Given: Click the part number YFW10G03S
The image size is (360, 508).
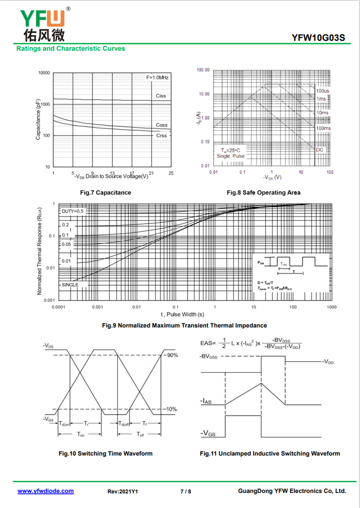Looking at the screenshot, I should pyautogui.click(x=318, y=38).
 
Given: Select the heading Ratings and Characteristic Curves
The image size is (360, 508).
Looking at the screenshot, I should pyautogui.click(x=71, y=48).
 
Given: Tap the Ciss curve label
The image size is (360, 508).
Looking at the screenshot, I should pyautogui.click(x=161, y=96).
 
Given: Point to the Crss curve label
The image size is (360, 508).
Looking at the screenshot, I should pyautogui.click(x=161, y=135).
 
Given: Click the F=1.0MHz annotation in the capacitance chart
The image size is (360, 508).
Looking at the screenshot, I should pyautogui.click(x=157, y=78).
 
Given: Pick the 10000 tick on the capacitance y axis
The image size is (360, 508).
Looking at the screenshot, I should pyautogui.click(x=44, y=73).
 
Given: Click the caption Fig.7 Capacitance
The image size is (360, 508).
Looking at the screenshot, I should pyautogui.click(x=105, y=193).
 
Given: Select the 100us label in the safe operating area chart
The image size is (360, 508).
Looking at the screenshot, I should pyautogui.click(x=322, y=91).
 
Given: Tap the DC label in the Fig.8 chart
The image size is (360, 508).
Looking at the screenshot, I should pyautogui.click(x=319, y=149).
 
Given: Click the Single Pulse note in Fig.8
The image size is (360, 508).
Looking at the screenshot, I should pyautogui.click(x=230, y=156).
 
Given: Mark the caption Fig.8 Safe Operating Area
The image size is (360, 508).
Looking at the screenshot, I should pyautogui.click(x=263, y=193).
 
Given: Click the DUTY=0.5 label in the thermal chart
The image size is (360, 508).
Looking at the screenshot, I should pyautogui.click(x=72, y=211).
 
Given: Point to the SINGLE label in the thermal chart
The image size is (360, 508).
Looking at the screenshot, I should pyautogui.click(x=70, y=285).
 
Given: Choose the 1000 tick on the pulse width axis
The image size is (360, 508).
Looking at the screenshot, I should pyautogui.click(x=331, y=307).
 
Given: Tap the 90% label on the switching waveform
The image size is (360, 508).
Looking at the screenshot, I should pyautogui.click(x=172, y=355).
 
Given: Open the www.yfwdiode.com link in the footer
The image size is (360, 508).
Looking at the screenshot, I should pyautogui.click(x=45, y=491).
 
